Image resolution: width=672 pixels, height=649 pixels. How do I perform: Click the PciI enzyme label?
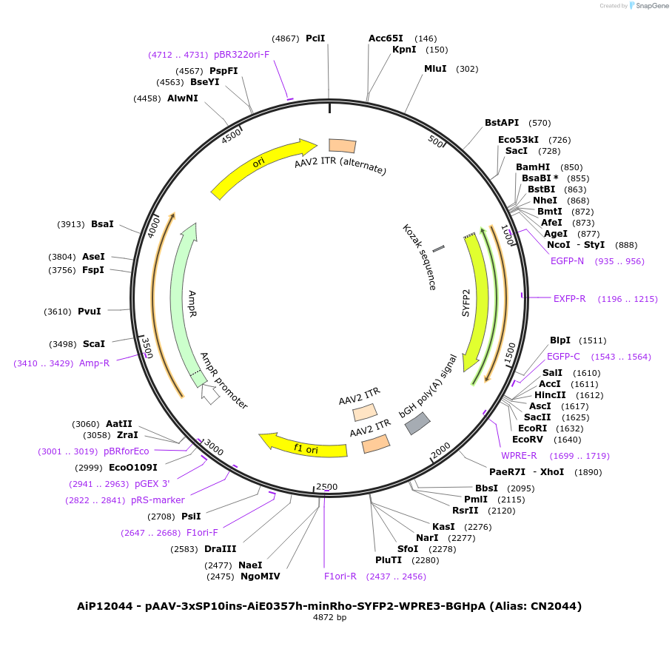315,38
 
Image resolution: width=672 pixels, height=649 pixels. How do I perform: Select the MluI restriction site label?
435,69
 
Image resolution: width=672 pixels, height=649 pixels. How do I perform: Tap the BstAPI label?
502,123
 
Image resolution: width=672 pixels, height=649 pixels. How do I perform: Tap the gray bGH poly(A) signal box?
417,423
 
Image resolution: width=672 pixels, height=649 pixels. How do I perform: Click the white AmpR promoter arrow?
210,394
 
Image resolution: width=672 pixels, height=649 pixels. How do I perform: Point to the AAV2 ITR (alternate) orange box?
342,146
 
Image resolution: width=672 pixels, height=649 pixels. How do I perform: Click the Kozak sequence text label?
419,257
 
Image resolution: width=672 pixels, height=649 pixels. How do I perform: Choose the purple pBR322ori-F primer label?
241,55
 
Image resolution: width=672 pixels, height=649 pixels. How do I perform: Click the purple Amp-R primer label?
94,363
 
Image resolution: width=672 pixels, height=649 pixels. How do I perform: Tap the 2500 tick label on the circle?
326,487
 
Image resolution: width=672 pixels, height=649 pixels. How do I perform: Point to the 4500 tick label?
232,135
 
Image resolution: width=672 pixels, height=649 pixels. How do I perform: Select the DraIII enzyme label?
220,549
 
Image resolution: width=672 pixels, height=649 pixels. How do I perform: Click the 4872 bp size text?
329,617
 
